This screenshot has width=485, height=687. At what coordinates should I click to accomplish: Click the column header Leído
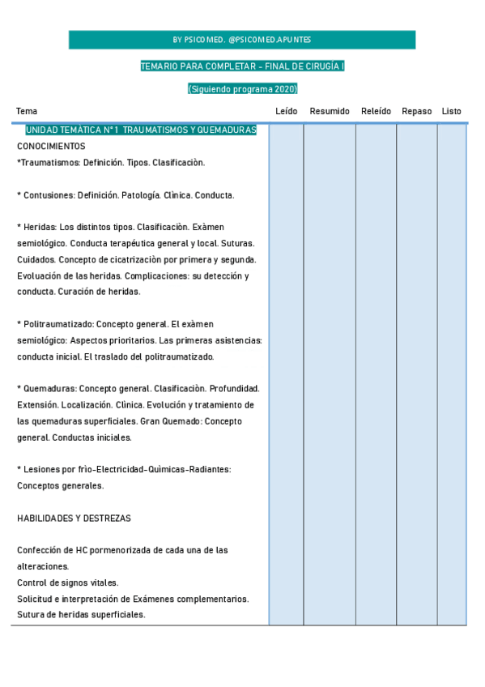click(286, 111)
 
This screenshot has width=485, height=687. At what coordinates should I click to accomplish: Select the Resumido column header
click(330, 111)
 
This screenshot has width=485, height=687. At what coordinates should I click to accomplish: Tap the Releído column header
click(376, 111)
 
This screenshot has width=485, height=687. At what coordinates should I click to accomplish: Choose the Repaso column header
click(417, 111)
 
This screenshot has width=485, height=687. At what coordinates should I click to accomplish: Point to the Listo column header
click(452, 111)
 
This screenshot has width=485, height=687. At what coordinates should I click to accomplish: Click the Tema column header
click(27, 111)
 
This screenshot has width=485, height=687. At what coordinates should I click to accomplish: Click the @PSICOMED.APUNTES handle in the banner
click(270, 40)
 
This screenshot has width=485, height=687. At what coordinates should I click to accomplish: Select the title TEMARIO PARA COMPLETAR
click(213, 66)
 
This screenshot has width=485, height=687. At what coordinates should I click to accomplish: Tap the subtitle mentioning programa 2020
click(243, 88)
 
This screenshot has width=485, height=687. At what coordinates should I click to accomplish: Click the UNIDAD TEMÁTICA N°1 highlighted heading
click(141, 130)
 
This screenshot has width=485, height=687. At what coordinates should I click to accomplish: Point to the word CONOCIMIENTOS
click(51, 146)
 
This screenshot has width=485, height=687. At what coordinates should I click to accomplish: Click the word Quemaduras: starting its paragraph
click(49, 389)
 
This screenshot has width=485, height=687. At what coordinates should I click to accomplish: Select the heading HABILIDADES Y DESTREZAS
click(74, 518)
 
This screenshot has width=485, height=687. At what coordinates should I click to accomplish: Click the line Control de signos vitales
click(68, 582)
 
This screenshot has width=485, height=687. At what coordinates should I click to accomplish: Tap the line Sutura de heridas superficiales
click(81, 614)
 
